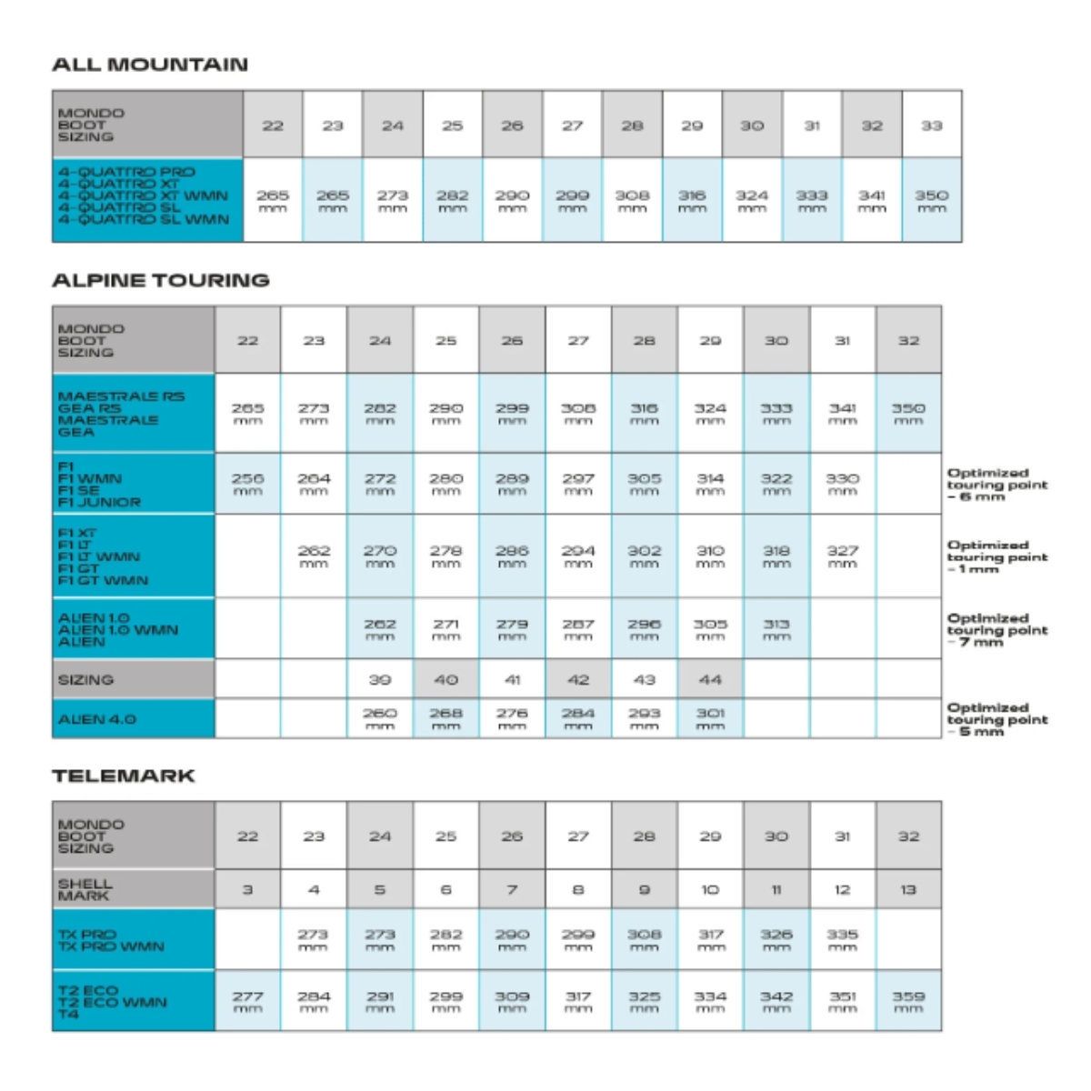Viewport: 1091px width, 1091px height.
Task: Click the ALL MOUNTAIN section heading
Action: (150, 65)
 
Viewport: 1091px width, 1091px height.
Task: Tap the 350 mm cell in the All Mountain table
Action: (931, 200)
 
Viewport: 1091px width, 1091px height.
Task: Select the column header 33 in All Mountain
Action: (931, 125)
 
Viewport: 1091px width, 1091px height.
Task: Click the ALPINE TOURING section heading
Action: (161, 280)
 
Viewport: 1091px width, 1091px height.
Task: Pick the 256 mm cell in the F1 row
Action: (247, 483)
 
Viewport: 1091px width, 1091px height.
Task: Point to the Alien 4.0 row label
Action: (97, 719)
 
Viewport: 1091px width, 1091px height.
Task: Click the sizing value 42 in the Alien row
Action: (578, 679)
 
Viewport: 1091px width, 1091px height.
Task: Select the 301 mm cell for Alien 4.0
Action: (710, 718)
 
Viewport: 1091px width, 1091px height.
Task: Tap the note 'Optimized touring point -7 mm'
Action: (996, 629)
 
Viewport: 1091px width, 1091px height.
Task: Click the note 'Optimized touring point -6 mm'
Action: (996, 485)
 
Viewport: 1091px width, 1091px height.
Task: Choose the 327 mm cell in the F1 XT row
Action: (842, 556)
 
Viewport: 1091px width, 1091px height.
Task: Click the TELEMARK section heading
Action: (124, 776)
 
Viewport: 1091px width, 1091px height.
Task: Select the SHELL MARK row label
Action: (85, 889)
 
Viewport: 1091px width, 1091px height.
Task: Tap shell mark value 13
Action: (908, 889)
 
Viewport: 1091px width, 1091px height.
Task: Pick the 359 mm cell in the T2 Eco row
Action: (908, 1001)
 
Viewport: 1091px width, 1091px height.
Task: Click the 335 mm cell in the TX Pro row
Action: (842, 939)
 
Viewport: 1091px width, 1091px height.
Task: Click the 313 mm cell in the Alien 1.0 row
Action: (776, 629)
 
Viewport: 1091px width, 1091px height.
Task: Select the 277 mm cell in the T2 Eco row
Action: (247, 1001)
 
